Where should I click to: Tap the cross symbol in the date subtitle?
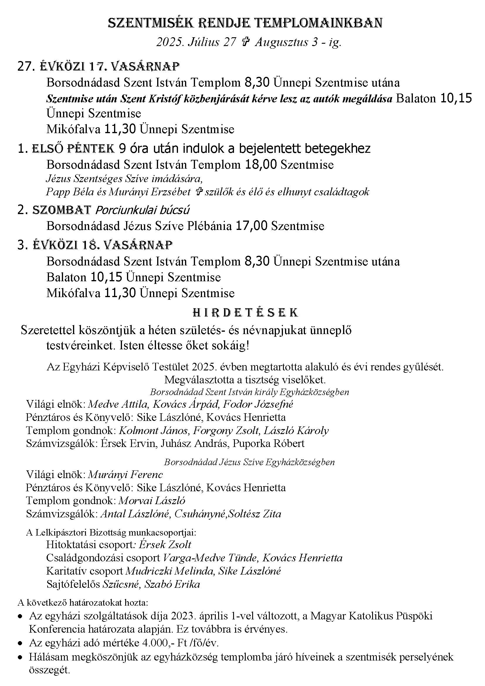pyautogui.click(x=245, y=42)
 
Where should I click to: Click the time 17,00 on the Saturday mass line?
pyautogui.click(x=252, y=226)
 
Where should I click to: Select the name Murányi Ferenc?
pyautogui.click(x=126, y=475)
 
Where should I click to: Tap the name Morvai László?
pyautogui.click(x=152, y=500)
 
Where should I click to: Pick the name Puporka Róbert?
pyautogui.click(x=269, y=443)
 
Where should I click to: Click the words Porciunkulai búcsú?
pyautogui.click(x=142, y=210)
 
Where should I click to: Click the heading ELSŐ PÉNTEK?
pyautogui.click(x=73, y=148)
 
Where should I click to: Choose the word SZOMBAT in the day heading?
pyautogui.click(x=62, y=210)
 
